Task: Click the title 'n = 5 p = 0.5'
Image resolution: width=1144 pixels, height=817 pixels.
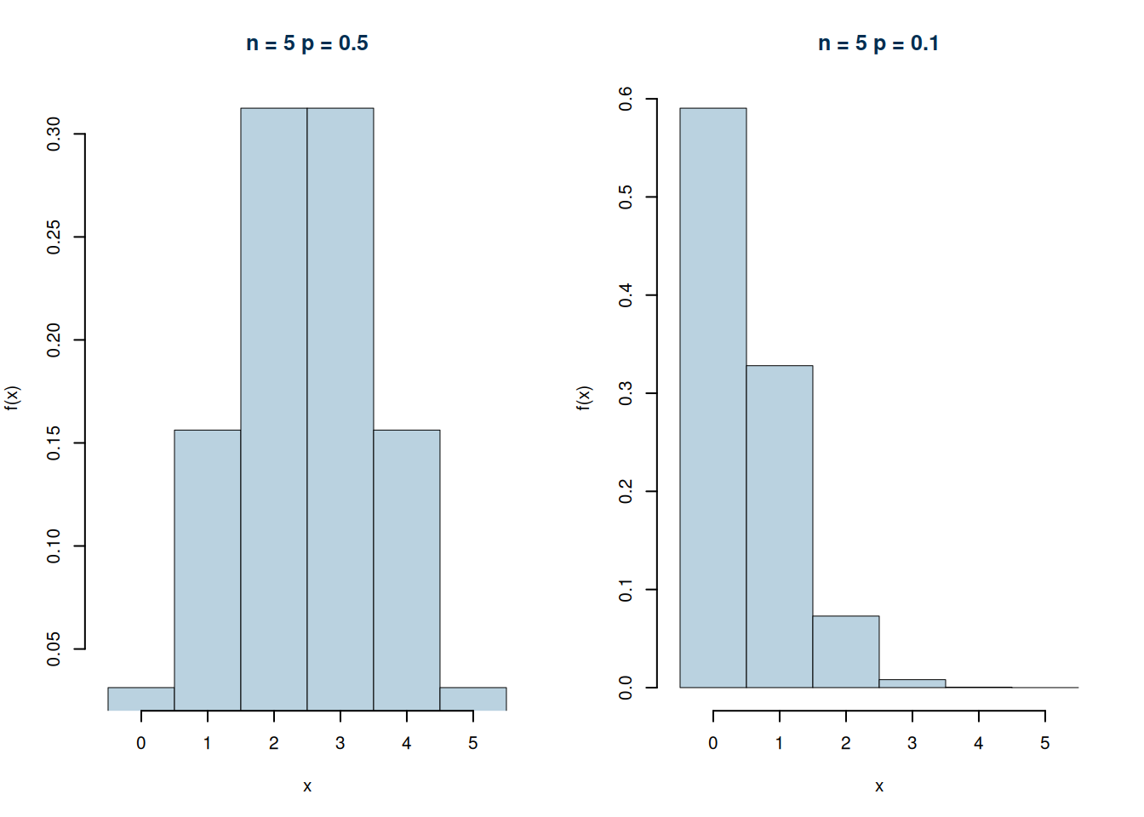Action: coord(307,43)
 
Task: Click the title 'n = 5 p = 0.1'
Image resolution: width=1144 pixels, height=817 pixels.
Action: coord(878,43)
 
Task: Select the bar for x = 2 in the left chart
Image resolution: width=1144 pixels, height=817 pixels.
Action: coord(274,408)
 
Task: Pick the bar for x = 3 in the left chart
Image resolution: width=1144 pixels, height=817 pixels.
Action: coord(340,408)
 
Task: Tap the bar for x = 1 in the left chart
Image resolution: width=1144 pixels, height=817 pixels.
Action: coord(208,570)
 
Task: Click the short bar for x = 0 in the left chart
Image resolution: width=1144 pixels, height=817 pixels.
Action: coord(141,699)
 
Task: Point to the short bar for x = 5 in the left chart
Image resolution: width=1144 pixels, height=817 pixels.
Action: coord(473,699)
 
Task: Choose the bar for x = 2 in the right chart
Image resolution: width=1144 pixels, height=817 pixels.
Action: coord(846,651)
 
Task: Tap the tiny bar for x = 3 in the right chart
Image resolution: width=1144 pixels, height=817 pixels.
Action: coord(912,683)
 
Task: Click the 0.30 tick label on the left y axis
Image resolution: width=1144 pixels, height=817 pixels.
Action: coord(54,134)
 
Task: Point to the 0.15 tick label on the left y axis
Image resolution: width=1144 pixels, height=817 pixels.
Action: coord(54,443)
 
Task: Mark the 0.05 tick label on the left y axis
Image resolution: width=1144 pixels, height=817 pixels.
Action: coord(54,648)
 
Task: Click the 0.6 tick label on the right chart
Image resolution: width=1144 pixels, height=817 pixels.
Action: coord(626,99)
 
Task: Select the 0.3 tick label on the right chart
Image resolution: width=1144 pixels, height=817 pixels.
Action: coord(626,393)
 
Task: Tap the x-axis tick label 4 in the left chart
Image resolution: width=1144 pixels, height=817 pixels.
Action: coord(407,743)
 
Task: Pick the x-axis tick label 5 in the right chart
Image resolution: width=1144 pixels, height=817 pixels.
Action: coord(1045,743)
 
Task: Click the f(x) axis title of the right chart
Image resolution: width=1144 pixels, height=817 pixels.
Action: coord(584,397)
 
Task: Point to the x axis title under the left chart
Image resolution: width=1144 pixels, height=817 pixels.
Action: coord(307,786)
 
